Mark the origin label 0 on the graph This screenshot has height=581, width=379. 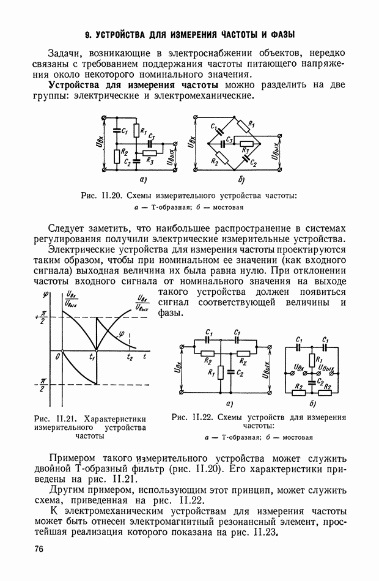pos(58,356)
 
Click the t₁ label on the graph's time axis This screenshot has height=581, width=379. pos(92,357)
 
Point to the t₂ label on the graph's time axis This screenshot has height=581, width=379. pos(130,356)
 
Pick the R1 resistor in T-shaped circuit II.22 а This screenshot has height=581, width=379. pos(220,372)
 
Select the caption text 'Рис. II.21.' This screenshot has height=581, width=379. pos(56,418)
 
